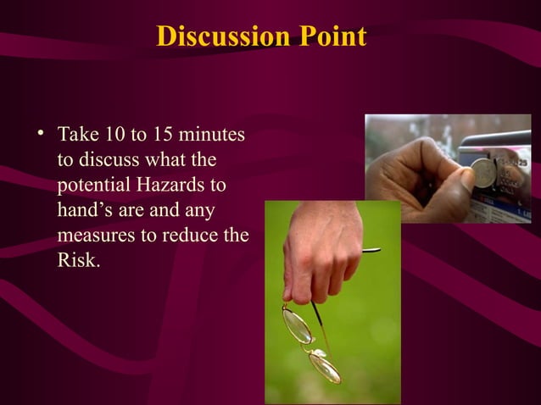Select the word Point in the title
coord(332,38)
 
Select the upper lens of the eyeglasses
coord(297,325)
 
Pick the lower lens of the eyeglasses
coord(325,365)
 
